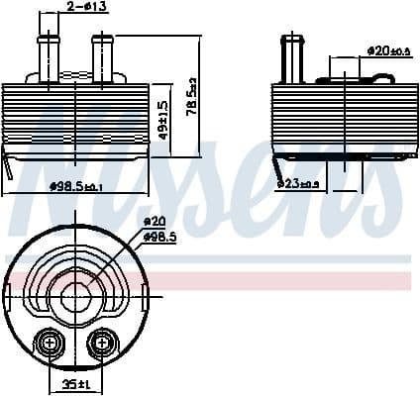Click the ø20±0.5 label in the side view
pos(387,49)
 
